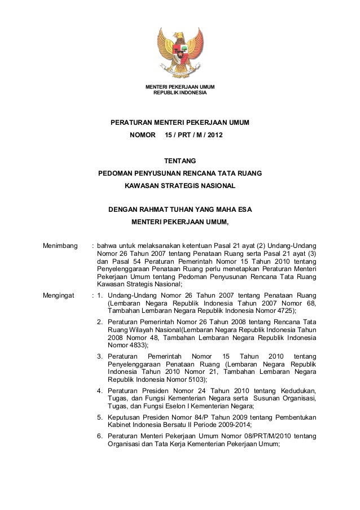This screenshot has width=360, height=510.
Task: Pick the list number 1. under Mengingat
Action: click(100, 294)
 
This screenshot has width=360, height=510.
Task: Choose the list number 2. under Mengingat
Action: click(100, 321)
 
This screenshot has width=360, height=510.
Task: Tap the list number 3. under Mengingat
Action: click(100, 356)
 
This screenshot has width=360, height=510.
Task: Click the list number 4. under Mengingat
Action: click(100, 391)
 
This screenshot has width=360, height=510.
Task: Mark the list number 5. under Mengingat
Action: click(100, 417)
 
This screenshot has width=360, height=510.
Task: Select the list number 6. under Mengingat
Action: click(100, 437)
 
